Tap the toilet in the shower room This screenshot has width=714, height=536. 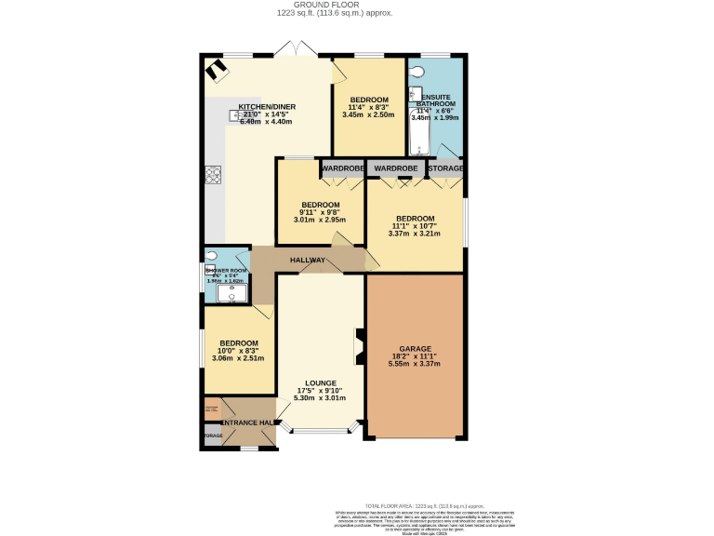[x=211, y=256]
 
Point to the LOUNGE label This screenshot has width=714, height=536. [x=319, y=382]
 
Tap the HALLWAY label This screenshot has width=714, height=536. [x=307, y=260]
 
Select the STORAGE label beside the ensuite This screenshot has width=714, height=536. [x=445, y=168]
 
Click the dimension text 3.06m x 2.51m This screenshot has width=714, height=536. [x=239, y=358]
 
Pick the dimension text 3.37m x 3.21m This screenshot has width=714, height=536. [x=414, y=234]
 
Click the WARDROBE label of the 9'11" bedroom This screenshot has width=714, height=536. [x=342, y=168]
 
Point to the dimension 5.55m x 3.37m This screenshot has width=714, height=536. [x=414, y=364]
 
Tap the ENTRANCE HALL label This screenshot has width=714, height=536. [x=246, y=423]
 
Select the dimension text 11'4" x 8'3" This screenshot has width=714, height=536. [x=369, y=107]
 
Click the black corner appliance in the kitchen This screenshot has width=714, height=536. [x=217, y=69]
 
